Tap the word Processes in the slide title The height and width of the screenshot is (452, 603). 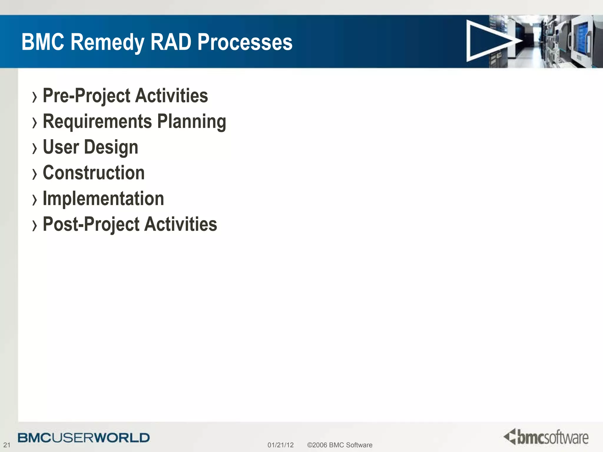pyautogui.click(x=245, y=42)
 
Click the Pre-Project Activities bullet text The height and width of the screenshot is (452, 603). pyautogui.click(x=125, y=96)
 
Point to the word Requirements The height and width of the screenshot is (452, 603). pyautogui.click(x=97, y=122)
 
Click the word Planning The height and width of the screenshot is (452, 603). pyautogui.click(x=192, y=122)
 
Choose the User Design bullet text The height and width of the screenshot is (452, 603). pyautogui.click(x=90, y=147)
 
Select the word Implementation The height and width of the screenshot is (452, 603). pyautogui.click(x=103, y=198)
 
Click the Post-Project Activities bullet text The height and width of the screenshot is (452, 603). pyautogui.click(x=130, y=224)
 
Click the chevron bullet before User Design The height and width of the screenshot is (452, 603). pyautogui.click(x=35, y=148)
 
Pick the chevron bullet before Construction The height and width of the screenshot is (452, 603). pyautogui.click(x=35, y=174)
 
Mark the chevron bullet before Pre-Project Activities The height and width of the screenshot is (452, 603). pyautogui.click(x=35, y=97)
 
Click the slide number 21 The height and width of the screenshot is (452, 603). pyautogui.click(x=6, y=445)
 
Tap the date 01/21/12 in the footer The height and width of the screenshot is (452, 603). pyautogui.click(x=280, y=445)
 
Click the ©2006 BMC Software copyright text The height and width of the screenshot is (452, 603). pyautogui.click(x=339, y=445)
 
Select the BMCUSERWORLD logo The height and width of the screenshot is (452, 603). pyautogui.click(x=84, y=438)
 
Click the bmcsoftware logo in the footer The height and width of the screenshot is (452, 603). pyautogui.click(x=546, y=437)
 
